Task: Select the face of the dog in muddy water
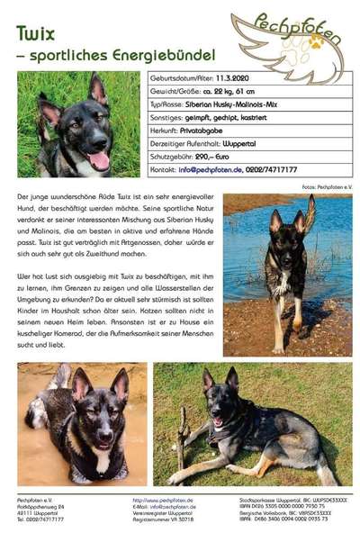[94, 414]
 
